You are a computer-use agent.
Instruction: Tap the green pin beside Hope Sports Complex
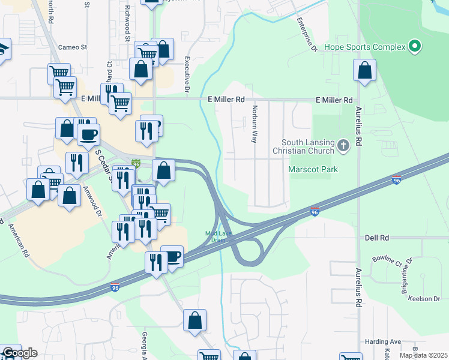414,46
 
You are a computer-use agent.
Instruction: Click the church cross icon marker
343,145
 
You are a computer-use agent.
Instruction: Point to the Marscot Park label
313,169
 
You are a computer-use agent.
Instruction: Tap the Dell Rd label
376,238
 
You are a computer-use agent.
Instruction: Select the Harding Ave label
381,342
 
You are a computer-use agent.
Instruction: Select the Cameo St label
73,47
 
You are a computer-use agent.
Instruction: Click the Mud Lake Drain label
218,236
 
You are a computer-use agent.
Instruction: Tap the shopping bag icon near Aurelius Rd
364,71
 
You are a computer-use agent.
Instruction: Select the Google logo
19,353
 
